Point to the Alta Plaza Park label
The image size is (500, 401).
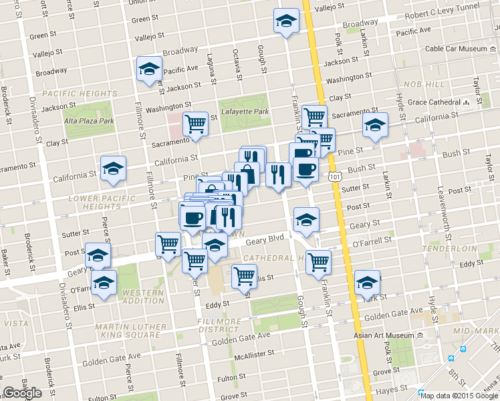point(89,121)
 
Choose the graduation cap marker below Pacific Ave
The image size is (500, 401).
point(149,68)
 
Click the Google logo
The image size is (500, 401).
point(23,393)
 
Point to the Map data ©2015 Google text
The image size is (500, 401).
point(459,395)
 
